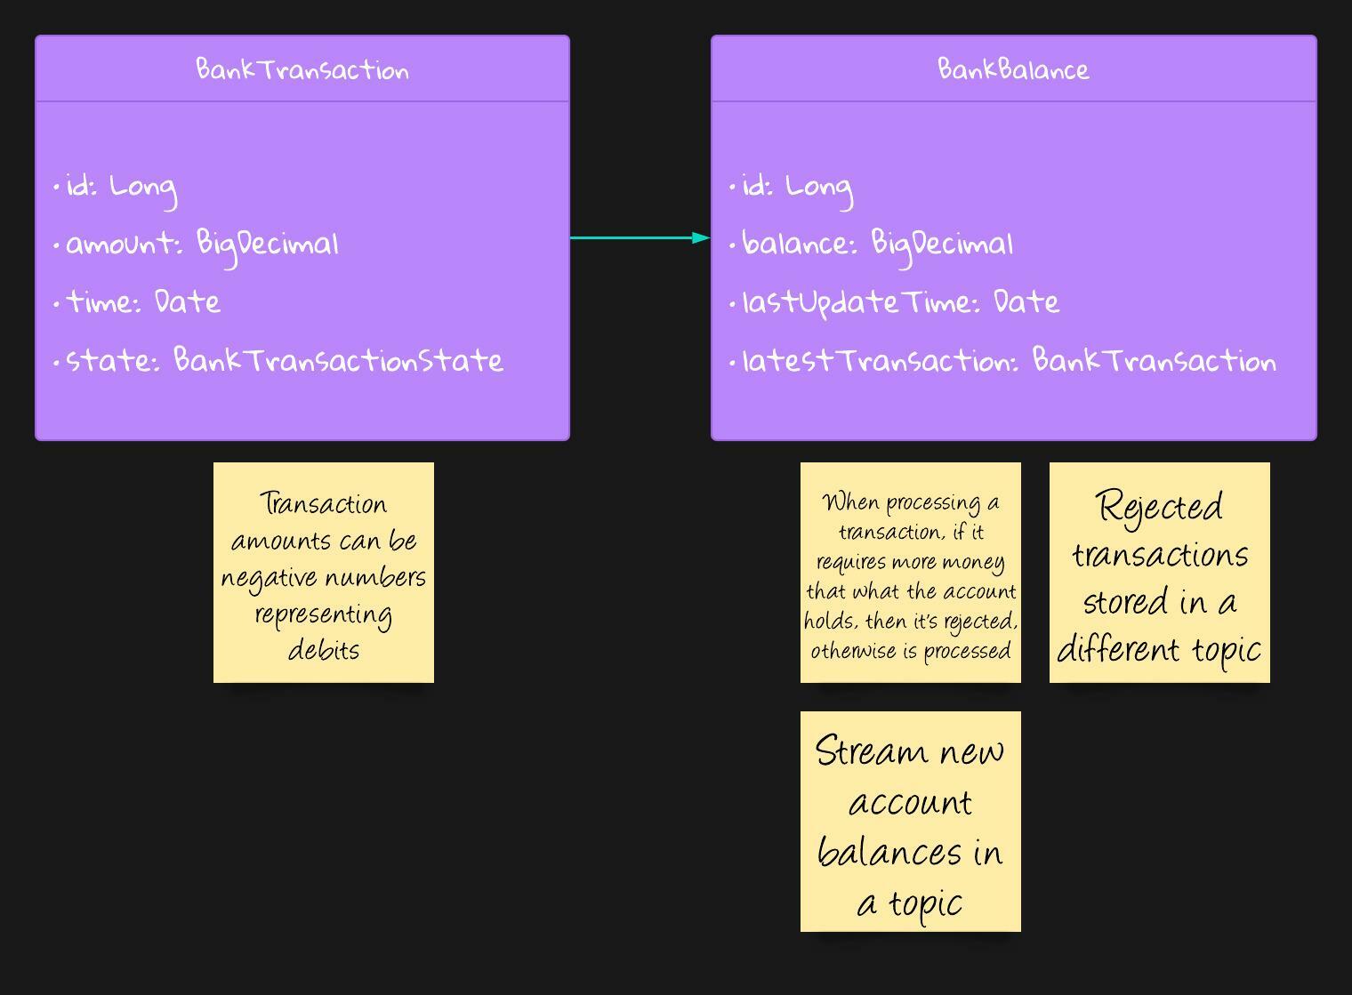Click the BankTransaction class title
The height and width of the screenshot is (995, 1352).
pos(302,69)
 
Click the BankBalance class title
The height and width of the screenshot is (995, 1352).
pos(1013,69)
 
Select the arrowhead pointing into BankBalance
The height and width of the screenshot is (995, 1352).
pos(701,237)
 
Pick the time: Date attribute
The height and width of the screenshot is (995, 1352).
pos(143,301)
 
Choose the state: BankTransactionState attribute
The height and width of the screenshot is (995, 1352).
pos(285,360)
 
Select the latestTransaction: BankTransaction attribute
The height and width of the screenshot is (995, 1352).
pos(1010,360)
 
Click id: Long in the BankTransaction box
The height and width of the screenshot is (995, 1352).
pos(121,189)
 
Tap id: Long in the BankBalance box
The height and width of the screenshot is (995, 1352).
pos(797,189)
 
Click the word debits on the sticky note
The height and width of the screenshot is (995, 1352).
pos(324,650)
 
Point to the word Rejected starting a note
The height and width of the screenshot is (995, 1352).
pos(1160,508)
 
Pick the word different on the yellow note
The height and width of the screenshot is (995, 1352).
pos(1118,650)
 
